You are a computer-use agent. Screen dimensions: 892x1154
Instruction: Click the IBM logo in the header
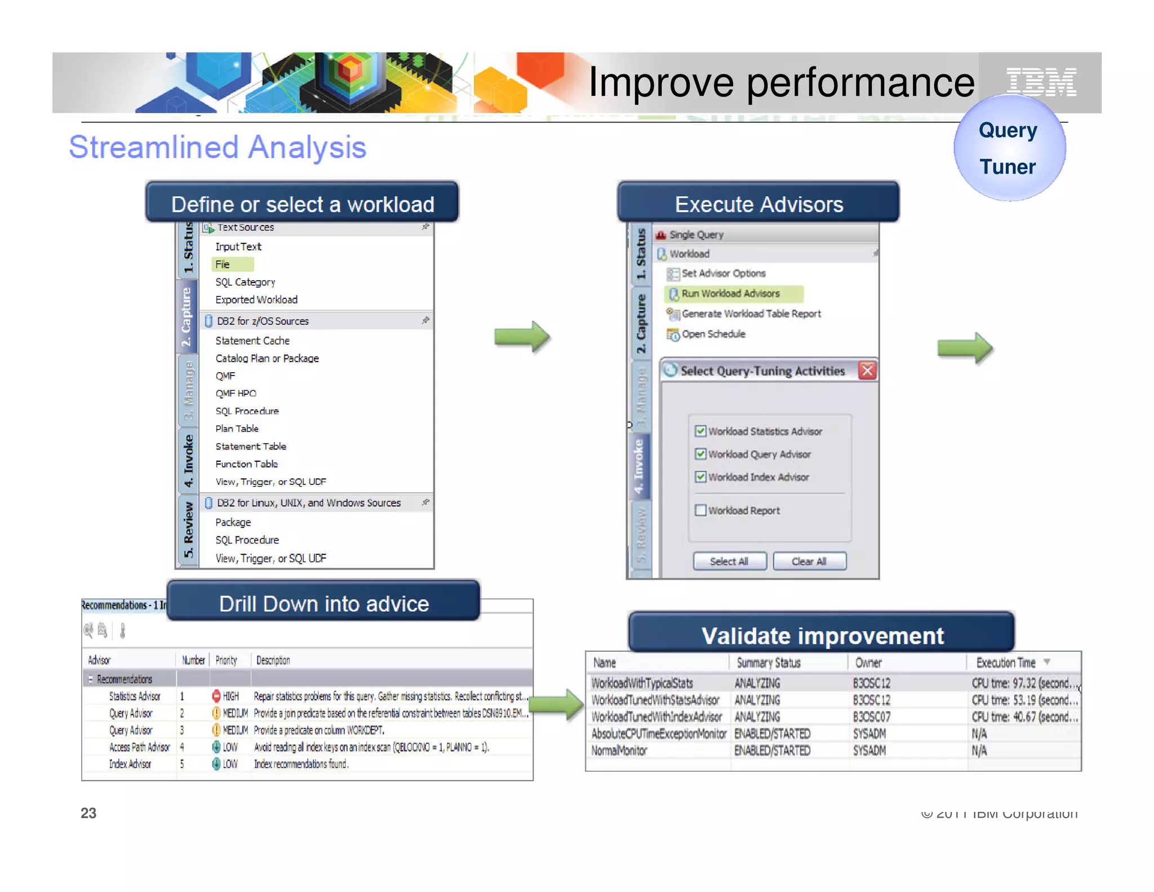coord(1041,82)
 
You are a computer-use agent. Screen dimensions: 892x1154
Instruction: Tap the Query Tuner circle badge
coord(1009,148)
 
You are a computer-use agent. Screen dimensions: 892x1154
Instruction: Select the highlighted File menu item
coord(223,264)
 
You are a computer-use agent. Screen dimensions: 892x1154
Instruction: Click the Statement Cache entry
coord(252,341)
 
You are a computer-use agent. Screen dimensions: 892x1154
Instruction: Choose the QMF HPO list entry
coord(236,393)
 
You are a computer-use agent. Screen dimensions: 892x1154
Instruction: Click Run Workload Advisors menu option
coord(730,294)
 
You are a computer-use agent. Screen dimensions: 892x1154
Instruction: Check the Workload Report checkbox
coord(700,510)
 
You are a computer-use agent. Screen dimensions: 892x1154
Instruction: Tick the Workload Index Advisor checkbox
coord(700,477)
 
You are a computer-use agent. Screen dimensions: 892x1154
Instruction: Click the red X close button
coord(867,370)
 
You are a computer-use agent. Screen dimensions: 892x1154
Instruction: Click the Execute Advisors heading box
coord(758,204)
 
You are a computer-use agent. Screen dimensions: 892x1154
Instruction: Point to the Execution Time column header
coord(1006,663)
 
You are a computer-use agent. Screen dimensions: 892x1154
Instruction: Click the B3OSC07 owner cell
coord(871,717)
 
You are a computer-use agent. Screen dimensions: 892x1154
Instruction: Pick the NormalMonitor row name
coord(619,750)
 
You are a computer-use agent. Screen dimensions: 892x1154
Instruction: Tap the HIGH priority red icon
coord(216,696)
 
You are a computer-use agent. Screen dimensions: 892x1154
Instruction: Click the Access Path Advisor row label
coord(139,747)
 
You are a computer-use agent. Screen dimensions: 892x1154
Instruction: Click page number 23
coord(88,813)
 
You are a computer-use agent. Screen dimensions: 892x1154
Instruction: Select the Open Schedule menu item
coord(713,334)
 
